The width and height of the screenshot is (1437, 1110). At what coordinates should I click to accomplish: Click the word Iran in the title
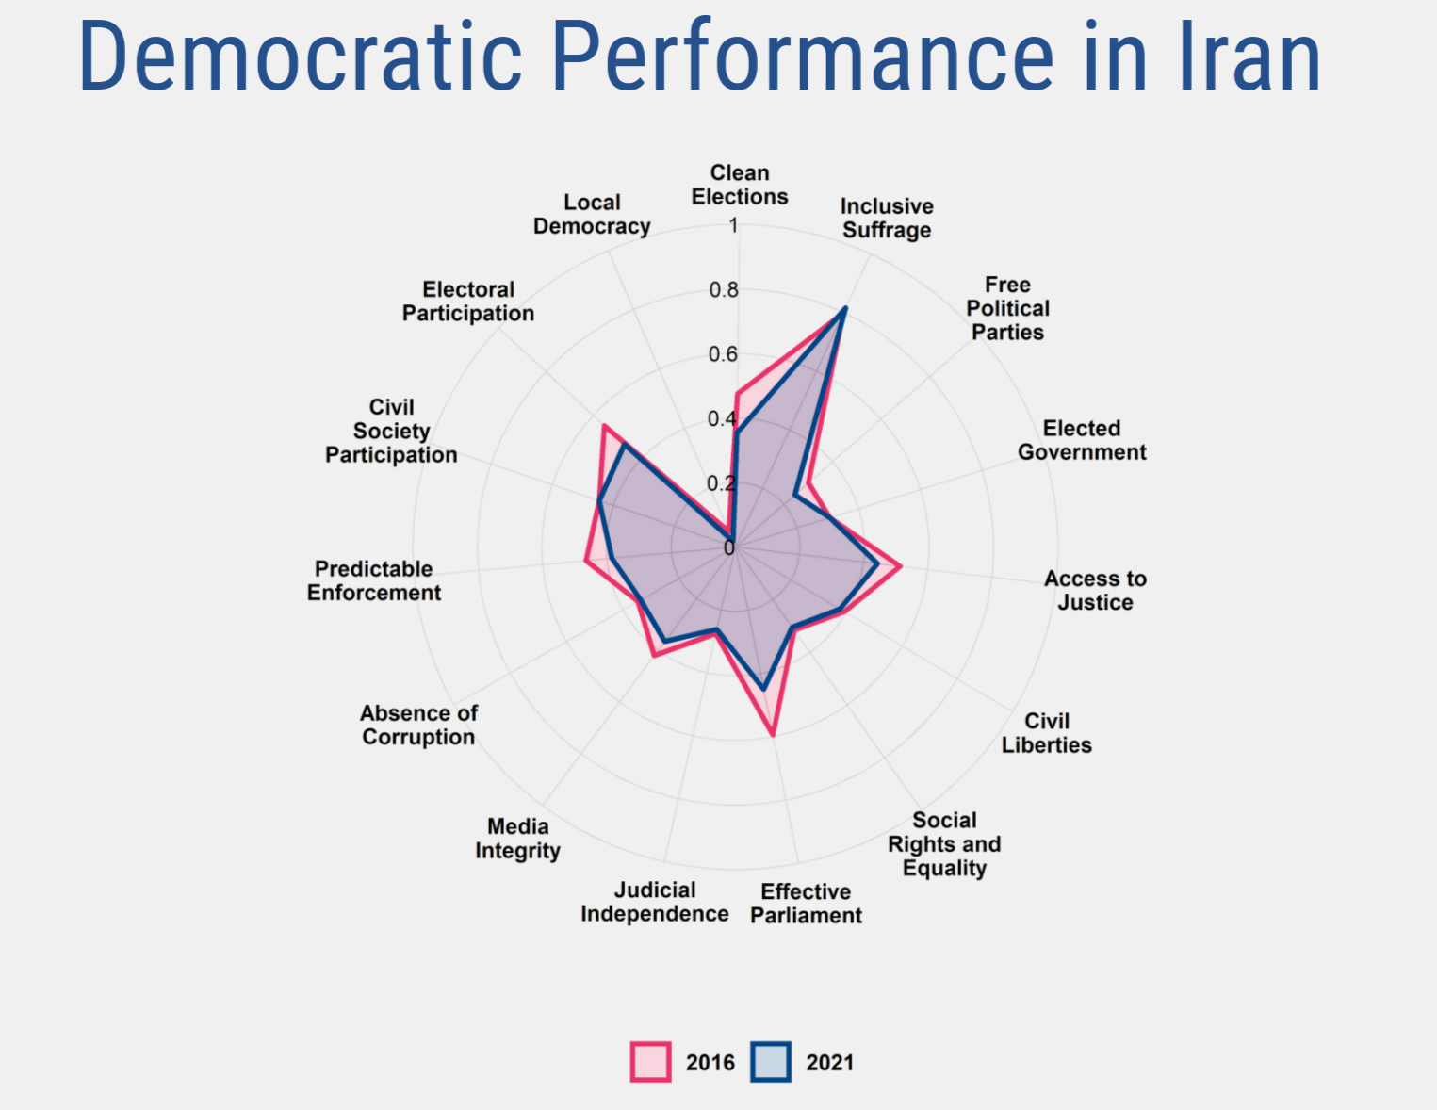pyautogui.click(x=1249, y=56)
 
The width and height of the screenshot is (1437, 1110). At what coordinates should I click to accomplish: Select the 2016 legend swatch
pyautogui.click(x=651, y=1062)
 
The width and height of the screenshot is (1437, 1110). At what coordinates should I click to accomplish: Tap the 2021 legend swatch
pyautogui.click(x=771, y=1062)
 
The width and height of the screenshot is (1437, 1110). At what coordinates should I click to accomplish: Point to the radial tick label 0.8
pyautogui.click(x=724, y=289)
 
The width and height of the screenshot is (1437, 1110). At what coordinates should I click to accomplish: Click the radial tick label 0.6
pyautogui.click(x=723, y=354)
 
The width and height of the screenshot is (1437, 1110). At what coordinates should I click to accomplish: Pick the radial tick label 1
pyautogui.click(x=733, y=226)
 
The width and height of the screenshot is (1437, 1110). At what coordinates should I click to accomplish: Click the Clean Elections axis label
pyautogui.click(x=740, y=185)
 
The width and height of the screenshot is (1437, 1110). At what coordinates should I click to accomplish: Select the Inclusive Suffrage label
pyautogui.click(x=887, y=219)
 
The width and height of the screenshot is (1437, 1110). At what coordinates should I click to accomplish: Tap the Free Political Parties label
pyautogui.click(x=1008, y=308)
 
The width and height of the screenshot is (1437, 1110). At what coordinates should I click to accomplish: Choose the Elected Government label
pyautogui.click(x=1082, y=440)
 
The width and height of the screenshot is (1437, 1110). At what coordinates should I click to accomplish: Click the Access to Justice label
pyautogui.click(x=1095, y=591)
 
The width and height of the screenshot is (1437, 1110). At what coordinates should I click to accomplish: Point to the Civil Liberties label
pyautogui.click(x=1046, y=732)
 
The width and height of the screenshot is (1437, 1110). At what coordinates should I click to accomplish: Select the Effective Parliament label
pyautogui.click(x=806, y=903)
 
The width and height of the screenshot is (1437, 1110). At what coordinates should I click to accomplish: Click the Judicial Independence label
pyautogui.click(x=655, y=902)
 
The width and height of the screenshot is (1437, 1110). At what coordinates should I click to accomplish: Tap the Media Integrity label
pyautogui.click(x=518, y=839)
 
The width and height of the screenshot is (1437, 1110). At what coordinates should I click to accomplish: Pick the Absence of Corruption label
pyautogui.click(x=418, y=725)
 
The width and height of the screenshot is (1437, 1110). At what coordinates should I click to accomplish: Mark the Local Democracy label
pyautogui.click(x=592, y=214)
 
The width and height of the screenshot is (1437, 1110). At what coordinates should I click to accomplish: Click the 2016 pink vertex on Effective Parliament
pyautogui.click(x=773, y=734)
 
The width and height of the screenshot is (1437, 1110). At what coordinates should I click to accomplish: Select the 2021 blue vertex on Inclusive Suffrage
pyautogui.click(x=843, y=309)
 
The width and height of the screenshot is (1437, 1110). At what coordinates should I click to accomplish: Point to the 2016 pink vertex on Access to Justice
pyautogui.click(x=900, y=566)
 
